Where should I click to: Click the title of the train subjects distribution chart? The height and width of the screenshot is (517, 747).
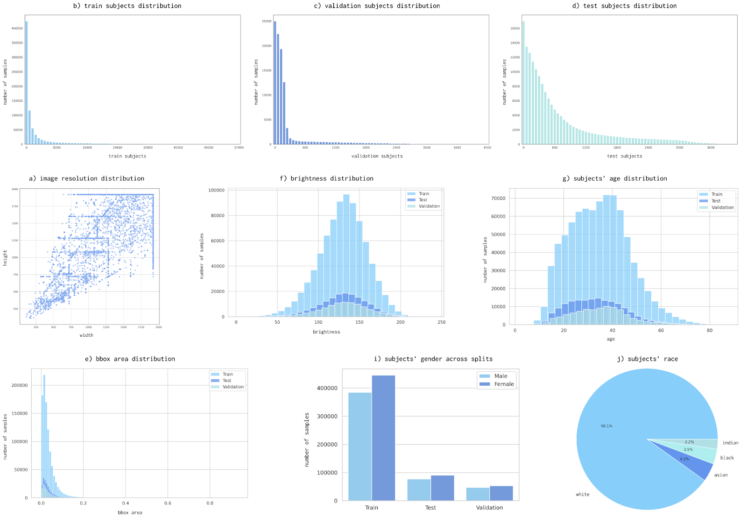127,6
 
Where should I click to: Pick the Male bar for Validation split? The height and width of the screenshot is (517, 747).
478,494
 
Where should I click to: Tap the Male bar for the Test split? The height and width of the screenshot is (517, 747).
419,489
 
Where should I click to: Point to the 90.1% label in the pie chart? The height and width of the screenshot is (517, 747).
606,426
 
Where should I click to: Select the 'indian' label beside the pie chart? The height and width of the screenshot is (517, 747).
730,443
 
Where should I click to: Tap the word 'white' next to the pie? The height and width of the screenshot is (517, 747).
582,494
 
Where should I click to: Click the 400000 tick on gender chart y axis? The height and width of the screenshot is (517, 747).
327,388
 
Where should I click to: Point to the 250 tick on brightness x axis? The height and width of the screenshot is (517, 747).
441,322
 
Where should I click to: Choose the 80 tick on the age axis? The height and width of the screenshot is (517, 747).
710,330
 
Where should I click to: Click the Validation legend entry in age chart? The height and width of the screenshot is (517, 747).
722,207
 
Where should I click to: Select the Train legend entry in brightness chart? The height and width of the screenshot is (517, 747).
423,194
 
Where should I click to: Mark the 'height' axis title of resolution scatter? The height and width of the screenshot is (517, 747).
5,258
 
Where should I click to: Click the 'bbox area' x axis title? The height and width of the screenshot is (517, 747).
130,512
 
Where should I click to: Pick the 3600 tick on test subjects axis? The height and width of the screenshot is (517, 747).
711,148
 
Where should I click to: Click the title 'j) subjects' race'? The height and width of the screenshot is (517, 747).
648,359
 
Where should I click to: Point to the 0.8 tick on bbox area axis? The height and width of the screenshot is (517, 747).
210,503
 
